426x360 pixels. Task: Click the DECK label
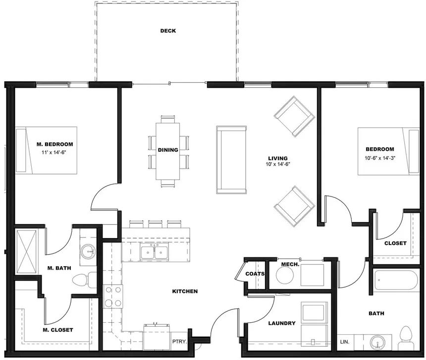coord(168,31)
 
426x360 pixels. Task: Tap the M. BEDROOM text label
coord(55,144)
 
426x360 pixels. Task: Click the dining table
coord(168,150)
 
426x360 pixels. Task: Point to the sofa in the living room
coord(231,160)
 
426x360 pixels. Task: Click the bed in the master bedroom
coord(47,150)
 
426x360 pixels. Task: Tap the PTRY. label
coord(179,342)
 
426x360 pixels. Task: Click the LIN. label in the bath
coord(345,342)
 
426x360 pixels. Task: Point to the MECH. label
coord(290,264)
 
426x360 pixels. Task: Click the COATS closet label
coord(255,274)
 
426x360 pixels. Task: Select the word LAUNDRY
coord(281,323)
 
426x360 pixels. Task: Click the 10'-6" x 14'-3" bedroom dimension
coord(380,159)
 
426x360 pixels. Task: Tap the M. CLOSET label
coord(58,330)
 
